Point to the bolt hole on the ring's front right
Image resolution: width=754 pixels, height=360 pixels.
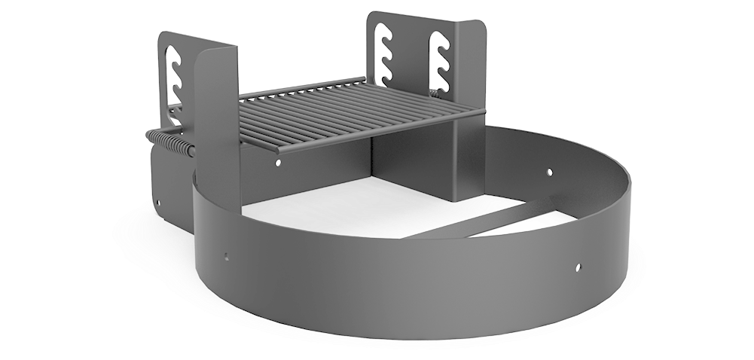[x=577, y=266]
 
